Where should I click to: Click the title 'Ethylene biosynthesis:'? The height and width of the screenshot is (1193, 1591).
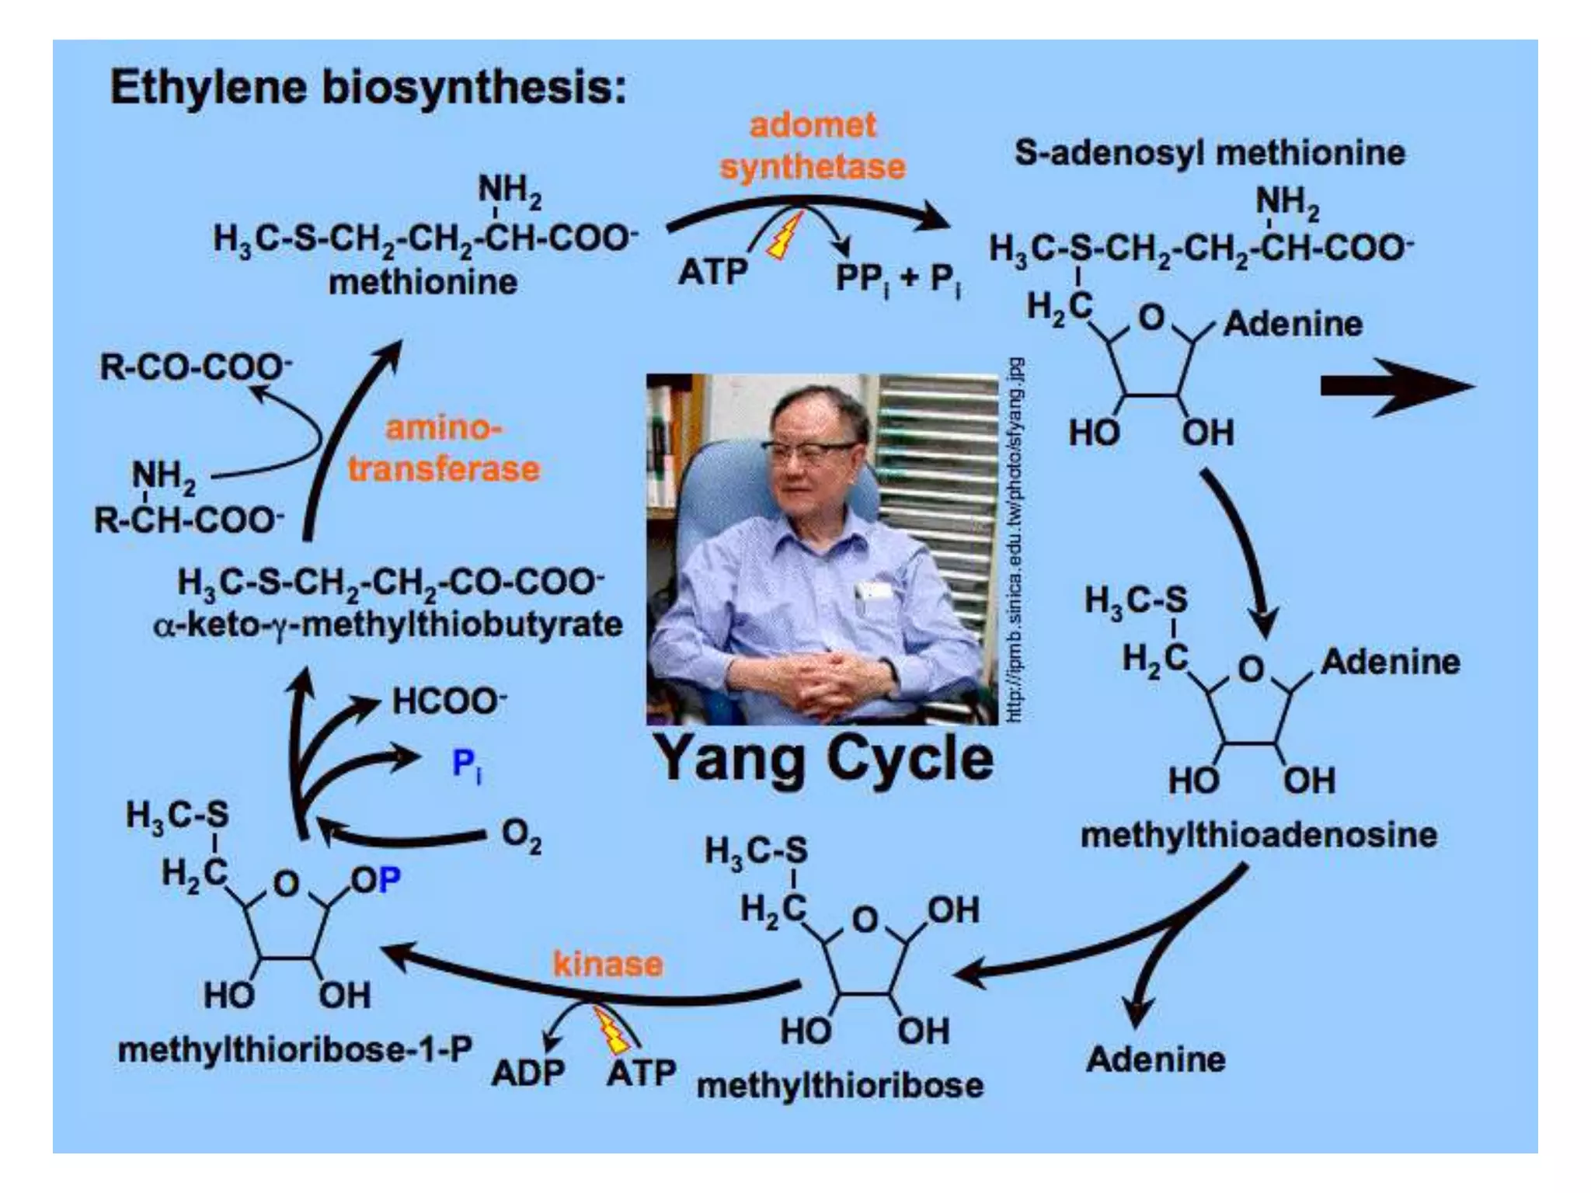[367, 87]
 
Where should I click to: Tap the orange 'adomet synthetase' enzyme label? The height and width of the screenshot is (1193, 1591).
[813, 146]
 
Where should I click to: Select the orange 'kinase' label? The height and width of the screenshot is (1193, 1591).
[608, 964]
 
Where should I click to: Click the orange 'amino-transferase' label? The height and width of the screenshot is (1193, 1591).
[444, 449]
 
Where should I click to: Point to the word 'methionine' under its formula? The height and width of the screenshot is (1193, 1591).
[423, 282]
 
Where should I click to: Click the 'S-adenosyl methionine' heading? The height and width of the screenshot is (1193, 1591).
[1210, 153]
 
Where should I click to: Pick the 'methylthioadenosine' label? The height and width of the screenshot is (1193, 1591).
[1259, 835]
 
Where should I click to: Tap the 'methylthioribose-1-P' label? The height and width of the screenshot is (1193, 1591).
[294, 1050]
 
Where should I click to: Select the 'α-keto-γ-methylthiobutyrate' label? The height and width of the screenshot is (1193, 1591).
[388, 624]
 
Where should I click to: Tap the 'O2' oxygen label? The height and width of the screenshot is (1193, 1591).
[521, 836]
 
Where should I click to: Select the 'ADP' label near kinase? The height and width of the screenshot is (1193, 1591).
[528, 1073]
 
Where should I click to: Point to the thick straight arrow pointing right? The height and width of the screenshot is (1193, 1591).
[1396, 386]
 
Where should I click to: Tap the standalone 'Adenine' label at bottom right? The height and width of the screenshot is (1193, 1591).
[1155, 1059]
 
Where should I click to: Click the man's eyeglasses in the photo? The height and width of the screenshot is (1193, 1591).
[808, 450]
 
